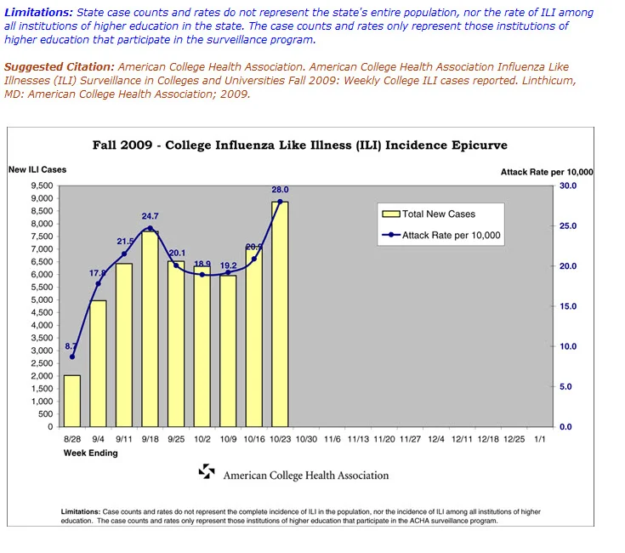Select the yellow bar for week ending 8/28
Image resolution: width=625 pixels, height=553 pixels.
[x=72, y=401]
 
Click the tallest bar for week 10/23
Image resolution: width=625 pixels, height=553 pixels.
[x=280, y=314]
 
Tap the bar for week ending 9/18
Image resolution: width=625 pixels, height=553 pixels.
[x=150, y=329]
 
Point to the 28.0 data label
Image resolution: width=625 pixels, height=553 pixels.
[x=281, y=190]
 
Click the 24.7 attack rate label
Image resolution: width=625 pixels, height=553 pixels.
[x=150, y=216]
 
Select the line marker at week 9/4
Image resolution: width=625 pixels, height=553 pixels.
[x=99, y=283]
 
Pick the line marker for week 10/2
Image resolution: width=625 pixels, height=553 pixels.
[x=202, y=274]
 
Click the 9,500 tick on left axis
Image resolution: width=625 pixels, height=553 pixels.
[x=42, y=185]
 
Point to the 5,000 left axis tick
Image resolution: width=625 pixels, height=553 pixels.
[x=42, y=299]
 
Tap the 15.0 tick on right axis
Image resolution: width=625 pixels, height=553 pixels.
[x=568, y=306]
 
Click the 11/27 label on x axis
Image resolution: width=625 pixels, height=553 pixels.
[x=410, y=439]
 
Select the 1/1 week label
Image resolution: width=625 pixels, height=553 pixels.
[x=540, y=439]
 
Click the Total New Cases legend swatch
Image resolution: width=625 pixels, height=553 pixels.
[x=391, y=214]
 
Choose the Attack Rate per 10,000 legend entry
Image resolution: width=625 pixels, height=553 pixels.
[x=441, y=235]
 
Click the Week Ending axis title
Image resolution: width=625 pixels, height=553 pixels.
[x=90, y=453]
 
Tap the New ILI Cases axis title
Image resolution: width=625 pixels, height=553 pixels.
[x=37, y=169]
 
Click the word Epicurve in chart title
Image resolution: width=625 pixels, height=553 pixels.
[x=480, y=145]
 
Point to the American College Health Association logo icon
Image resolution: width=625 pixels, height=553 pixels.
[x=207, y=471]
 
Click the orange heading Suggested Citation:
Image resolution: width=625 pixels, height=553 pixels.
[x=60, y=66]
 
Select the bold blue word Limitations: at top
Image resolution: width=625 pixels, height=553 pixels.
[x=38, y=13]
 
